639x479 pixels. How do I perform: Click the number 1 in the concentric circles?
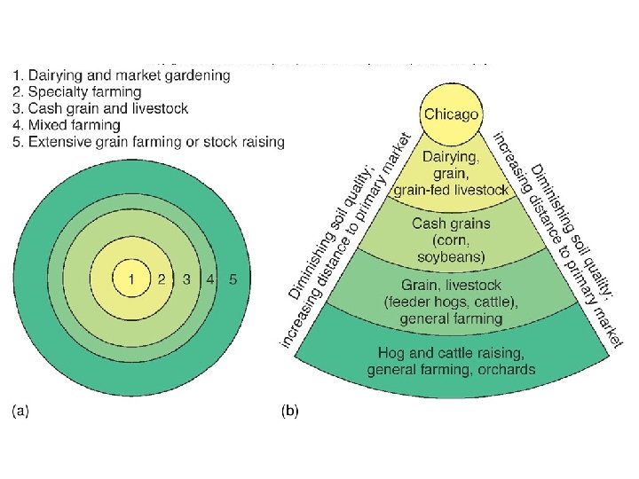[x=130, y=279]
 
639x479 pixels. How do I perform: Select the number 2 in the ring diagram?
[x=162, y=279]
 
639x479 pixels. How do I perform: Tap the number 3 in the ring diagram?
[x=186, y=279]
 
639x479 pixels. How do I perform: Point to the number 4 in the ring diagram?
[x=209, y=279]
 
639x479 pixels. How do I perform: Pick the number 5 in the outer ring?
[x=233, y=279]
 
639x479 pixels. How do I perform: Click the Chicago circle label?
[x=451, y=114]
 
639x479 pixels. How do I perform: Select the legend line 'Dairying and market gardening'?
[x=122, y=75]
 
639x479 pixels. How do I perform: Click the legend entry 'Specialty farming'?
[x=78, y=91]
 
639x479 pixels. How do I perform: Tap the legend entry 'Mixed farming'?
[x=67, y=125]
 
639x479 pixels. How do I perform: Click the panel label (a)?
[x=20, y=412]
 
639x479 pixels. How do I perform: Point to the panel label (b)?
[x=290, y=412]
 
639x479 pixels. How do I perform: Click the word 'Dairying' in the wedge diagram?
[x=451, y=157]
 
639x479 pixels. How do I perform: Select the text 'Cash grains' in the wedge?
[x=451, y=224]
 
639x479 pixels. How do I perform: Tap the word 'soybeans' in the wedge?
[x=451, y=257]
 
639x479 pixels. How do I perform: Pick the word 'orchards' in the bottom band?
[x=504, y=369]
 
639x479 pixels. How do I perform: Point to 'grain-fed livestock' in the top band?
[x=451, y=190]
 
